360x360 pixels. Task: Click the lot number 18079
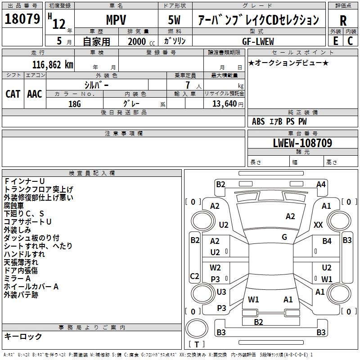pyautogui.click(x=22, y=19)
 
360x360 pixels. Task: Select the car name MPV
pyautogui.click(x=116, y=20)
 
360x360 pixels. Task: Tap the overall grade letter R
pyautogui.click(x=343, y=21)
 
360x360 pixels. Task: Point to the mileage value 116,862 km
pyautogui.click(x=53, y=65)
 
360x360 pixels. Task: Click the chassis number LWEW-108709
pyautogui.click(x=302, y=143)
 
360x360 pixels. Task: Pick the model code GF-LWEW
pyautogui.click(x=258, y=41)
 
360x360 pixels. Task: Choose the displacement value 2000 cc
pyautogui.click(x=141, y=41)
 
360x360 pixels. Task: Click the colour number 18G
pyautogui.click(x=75, y=104)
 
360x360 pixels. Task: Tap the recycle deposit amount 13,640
pyautogui.click(x=225, y=104)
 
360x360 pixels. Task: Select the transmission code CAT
pyautogui.click(x=13, y=94)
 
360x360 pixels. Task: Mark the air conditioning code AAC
pyautogui.click(x=35, y=94)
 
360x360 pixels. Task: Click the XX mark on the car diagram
pyautogui.click(x=318, y=225)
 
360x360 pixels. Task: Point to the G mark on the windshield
pyautogui.click(x=284, y=237)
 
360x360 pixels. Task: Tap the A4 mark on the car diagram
pyautogui.click(x=321, y=184)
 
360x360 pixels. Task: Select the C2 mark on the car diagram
pyautogui.click(x=194, y=276)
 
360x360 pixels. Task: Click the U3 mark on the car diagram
pyautogui.click(x=221, y=292)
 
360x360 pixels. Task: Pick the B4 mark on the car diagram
pyautogui.click(x=327, y=241)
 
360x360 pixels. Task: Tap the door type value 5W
pyautogui.click(x=174, y=20)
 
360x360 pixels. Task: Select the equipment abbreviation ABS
pyautogui.click(x=258, y=121)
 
